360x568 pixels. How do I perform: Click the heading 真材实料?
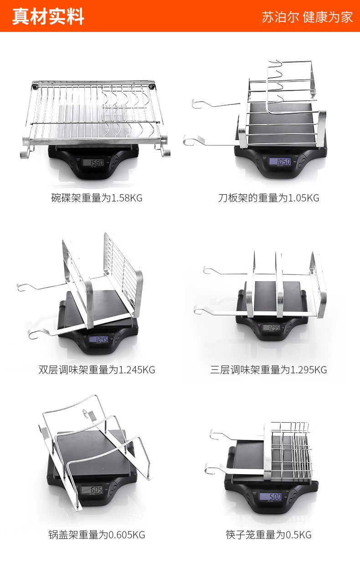click(48, 16)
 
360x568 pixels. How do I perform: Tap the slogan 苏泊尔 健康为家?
click(307, 17)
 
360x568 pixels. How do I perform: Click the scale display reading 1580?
click(96, 162)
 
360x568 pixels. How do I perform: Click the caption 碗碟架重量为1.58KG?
click(97, 198)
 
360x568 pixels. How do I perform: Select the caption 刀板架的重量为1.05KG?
click(268, 198)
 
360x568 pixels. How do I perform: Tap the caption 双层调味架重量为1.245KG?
click(97, 370)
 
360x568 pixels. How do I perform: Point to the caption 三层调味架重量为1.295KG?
click(268, 370)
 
